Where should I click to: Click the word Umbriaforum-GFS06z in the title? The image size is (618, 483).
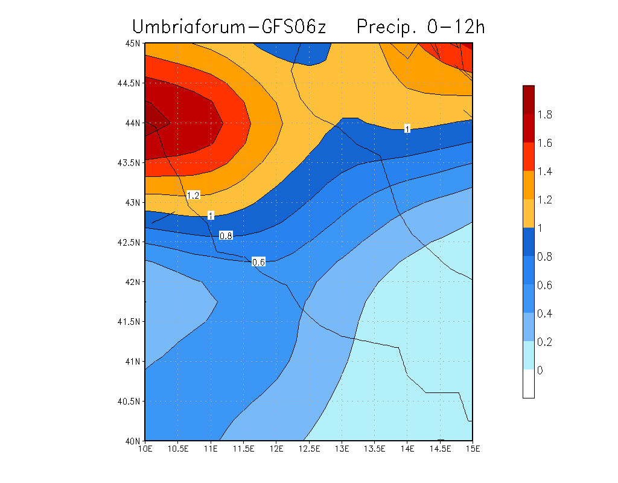pyautogui.click(x=229, y=27)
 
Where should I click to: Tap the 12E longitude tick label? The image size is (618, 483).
pyautogui.click(x=276, y=449)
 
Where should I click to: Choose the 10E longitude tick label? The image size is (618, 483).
pyautogui.click(x=145, y=449)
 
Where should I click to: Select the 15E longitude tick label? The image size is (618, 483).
pyautogui.click(x=473, y=449)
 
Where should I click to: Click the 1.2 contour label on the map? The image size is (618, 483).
pyautogui.click(x=193, y=195)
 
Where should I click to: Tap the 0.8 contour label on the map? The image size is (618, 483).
pyautogui.click(x=226, y=235)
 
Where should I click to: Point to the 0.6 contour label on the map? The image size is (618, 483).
pyautogui.click(x=258, y=262)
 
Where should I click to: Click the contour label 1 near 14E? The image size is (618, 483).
pyautogui.click(x=407, y=129)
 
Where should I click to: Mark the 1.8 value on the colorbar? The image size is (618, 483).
pyautogui.click(x=546, y=115)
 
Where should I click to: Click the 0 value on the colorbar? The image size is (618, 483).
pyautogui.click(x=540, y=370)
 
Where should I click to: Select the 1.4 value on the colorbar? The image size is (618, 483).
pyautogui.click(x=546, y=171)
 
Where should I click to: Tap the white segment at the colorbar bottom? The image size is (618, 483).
pyautogui.click(x=529, y=384)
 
